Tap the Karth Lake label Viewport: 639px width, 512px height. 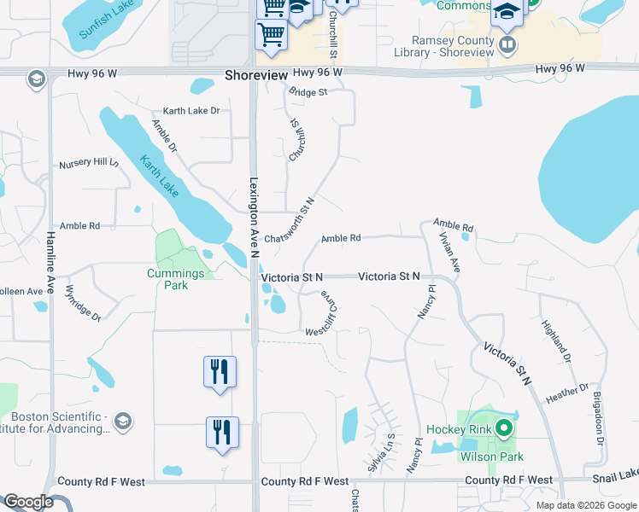click(160, 176)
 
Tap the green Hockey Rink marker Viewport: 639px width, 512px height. click(504, 428)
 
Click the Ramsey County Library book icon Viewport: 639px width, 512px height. click(507, 43)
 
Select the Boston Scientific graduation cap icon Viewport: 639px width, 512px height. click(123, 422)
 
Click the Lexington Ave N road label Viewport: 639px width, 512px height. click(254, 213)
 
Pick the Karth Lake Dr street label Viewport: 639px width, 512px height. click(191, 111)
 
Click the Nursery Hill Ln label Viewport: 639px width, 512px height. click(88, 163)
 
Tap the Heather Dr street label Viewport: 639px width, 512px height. click(567, 391)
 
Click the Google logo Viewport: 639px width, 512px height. click(28, 502)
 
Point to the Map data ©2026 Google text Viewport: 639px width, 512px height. click(585, 505)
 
